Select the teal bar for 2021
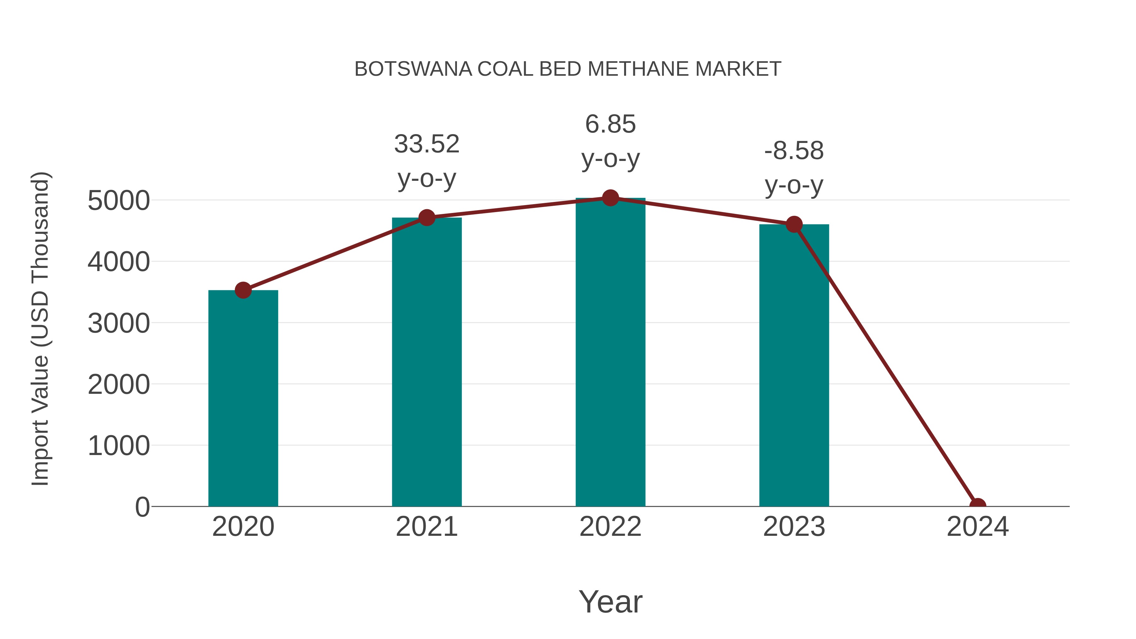point(426,362)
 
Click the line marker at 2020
point(243,290)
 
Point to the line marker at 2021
point(426,217)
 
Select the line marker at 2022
point(610,198)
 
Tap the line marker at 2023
point(794,224)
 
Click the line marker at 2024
point(978,506)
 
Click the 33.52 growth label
point(426,144)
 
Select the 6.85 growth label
point(610,124)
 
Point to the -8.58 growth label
point(794,151)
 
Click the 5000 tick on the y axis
point(119,201)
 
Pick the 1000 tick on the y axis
point(119,446)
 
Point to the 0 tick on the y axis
point(142,507)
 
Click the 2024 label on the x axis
point(978,527)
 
